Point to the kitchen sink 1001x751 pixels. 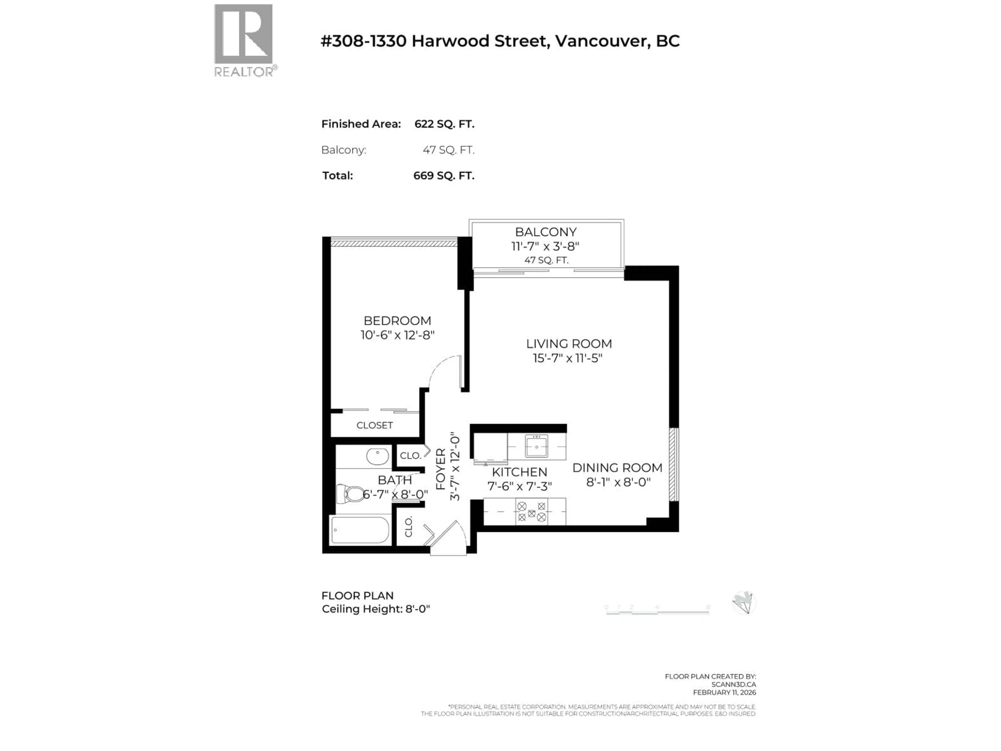[536, 446]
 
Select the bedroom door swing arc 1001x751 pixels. [443, 372]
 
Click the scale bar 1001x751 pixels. [657, 611]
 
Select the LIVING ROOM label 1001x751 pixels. [569, 344]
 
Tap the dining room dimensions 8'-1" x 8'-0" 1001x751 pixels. [618, 482]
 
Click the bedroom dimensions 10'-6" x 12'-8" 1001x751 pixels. [397, 335]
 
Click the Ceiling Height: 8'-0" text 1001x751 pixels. [376, 609]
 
